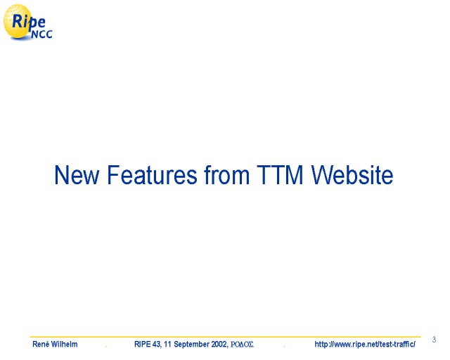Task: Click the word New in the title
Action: click(77, 175)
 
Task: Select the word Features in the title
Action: click(152, 175)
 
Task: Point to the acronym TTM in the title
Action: click(280, 175)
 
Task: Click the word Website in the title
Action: click(352, 174)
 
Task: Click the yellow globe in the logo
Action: click(18, 22)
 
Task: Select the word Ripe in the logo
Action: click(29, 22)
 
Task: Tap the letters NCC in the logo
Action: click(42, 34)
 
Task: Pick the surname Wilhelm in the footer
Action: click(65, 344)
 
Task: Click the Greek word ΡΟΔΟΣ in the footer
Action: click(242, 345)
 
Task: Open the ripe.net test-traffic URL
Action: click(365, 344)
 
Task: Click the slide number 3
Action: click(434, 340)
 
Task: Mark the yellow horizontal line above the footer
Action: click(225, 337)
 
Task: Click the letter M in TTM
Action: click(295, 175)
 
